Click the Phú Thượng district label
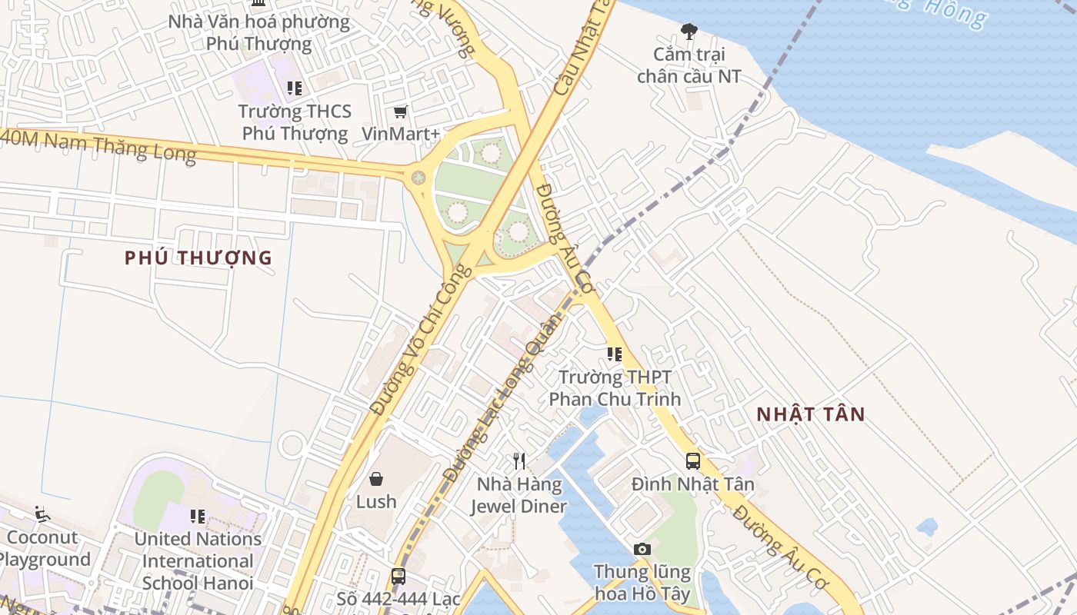tap(198, 258)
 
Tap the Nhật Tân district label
tap(811, 414)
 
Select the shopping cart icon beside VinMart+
tap(400, 112)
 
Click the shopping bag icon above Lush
tap(376, 479)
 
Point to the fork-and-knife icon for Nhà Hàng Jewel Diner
tap(519, 460)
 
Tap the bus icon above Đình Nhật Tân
tap(692, 460)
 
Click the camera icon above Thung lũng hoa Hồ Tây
tap(642, 549)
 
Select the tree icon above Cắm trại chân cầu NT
tap(689, 32)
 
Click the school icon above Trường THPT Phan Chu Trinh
tap(614, 354)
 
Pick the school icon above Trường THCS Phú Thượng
tap(294, 88)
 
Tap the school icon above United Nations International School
tap(198, 516)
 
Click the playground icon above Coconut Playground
tap(42, 514)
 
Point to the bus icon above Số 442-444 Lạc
tap(398, 576)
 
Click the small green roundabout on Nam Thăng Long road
tap(418, 178)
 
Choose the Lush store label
tap(376, 502)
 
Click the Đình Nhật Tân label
tap(692, 484)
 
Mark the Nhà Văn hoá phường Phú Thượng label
tap(258, 32)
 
